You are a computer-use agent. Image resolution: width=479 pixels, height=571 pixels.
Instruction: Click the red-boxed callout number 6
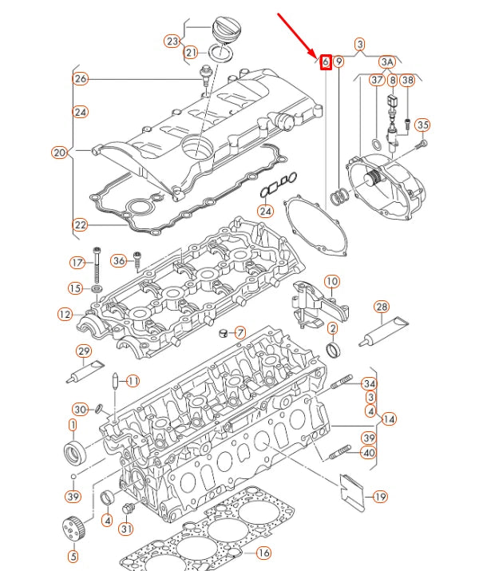tap(325, 61)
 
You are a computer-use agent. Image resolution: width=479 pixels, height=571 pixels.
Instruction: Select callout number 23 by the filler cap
tap(172, 41)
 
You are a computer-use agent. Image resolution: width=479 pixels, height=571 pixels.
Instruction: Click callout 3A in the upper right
tap(387, 61)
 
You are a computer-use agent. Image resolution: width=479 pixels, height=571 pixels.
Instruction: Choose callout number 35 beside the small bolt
tap(423, 125)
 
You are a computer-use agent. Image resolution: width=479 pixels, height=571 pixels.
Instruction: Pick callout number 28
tap(382, 307)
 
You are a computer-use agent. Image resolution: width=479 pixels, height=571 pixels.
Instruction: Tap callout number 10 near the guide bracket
tap(331, 281)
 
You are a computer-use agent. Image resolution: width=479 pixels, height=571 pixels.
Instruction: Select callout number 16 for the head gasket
tap(263, 553)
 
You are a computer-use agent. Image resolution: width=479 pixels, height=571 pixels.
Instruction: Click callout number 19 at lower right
tap(380, 498)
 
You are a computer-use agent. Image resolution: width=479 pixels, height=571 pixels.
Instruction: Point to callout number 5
tap(73, 557)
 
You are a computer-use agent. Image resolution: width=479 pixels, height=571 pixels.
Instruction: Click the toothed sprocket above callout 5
tap(73, 529)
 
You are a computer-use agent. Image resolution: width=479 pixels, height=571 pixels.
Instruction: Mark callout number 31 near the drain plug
tap(126, 529)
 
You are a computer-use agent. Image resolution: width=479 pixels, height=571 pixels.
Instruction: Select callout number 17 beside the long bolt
tap(77, 263)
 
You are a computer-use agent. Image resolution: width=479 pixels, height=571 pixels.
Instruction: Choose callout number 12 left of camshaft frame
tap(65, 315)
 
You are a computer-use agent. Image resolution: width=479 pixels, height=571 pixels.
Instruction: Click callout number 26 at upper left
tap(80, 78)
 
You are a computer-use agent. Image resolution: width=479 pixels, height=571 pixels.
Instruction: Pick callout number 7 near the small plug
tap(240, 331)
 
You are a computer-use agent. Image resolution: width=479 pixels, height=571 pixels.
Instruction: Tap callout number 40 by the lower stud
tap(368, 453)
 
